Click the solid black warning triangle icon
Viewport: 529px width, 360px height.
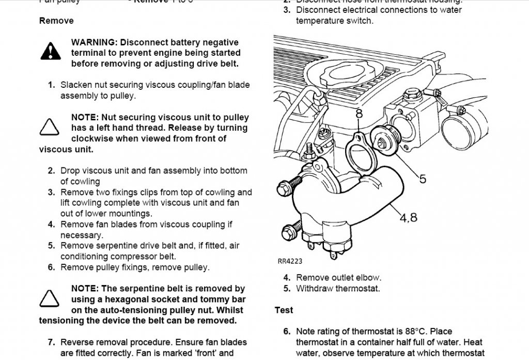pyautogui.click(x=50, y=51)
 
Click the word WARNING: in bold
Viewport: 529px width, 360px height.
pyautogui.click(x=95, y=42)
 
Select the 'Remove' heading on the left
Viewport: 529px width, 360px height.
pyautogui.click(x=56, y=21)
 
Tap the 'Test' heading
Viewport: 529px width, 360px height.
pyautogui.click(x=284, y=310)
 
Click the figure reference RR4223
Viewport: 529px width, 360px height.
pyautogui.click(x=290, y=261)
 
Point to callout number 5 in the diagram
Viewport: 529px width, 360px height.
pyautogui.click(x=423, y=179)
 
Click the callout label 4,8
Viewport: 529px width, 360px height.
pyautogui.click(x=408, y=217)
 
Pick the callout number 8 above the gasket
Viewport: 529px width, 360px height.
pyautogui.click(x=359, y=113)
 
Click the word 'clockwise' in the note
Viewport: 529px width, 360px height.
pyautogui.click(x=95, y=138)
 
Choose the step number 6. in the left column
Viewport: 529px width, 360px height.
pyautogui.click(x=51, y=267)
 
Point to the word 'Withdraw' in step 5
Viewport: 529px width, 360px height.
pyautogui.click(x=315, y=288)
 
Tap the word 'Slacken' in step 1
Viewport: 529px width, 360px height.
pyautogui.click(x=76, y=85)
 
